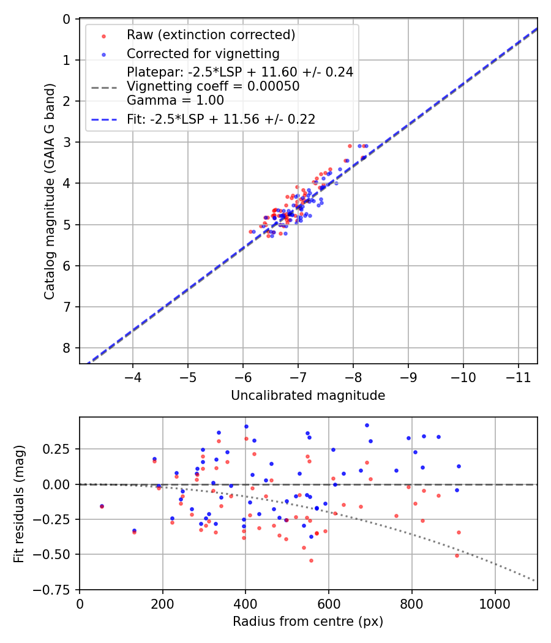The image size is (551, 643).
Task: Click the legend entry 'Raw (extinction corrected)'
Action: (x=211, y=35)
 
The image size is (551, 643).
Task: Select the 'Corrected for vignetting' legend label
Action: (x=203, y=54)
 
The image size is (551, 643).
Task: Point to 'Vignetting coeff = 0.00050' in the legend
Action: (x=213, y=86)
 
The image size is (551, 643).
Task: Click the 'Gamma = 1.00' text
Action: (x=175, y=100)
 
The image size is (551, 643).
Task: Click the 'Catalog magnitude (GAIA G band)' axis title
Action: (x=50, y=191)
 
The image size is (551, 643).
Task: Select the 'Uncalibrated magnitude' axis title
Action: (x=308, y=396)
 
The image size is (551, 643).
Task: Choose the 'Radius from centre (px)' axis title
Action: (x=308, y=622)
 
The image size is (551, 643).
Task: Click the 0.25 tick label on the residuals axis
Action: (x=58, y=449)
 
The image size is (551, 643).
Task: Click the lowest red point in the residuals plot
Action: (x=311, y=560)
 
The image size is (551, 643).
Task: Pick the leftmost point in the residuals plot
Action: (x=102, y=506)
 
